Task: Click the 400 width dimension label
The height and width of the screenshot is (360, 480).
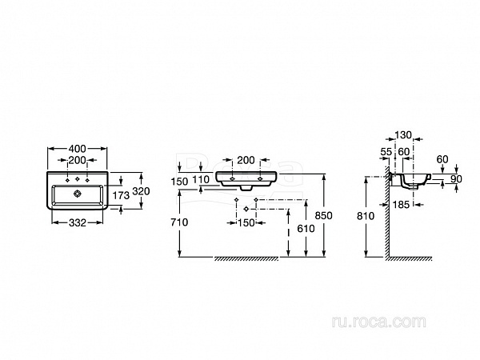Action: (78, 150)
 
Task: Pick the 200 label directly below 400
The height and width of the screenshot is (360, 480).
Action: (78, 160)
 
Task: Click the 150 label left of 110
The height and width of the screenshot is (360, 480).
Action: (180, 182)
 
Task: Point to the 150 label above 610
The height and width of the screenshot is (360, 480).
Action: (246, 223)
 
